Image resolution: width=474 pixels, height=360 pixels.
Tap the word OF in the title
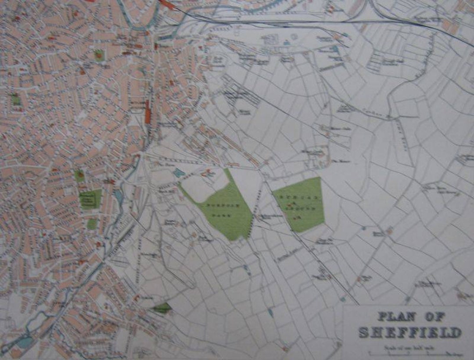click(x=435, y=317)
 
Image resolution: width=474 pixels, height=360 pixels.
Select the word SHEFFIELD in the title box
click(x=410, y=332)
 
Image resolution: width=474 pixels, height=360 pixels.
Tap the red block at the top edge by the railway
click(x=167, y=4)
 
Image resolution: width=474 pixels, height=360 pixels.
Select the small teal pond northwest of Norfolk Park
click(x=179, y=173)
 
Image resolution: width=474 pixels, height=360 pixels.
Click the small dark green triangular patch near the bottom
click(x=162, y=308)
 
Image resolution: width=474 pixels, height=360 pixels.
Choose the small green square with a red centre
click(x=99, y=55)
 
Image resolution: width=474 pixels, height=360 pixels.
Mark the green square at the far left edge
click(x=16, y=100)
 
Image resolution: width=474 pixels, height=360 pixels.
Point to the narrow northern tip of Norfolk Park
click(x=227, y=173)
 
